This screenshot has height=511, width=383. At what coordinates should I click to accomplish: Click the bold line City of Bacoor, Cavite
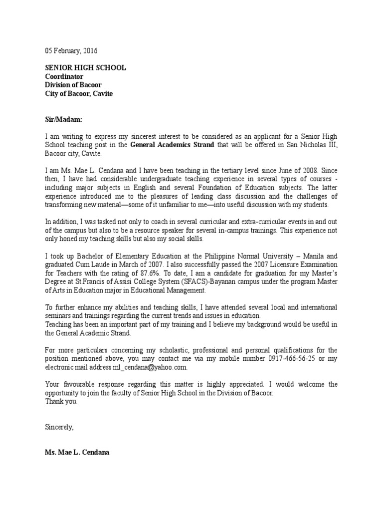[x=79, y=93]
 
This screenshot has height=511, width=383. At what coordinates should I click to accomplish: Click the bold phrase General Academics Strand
[x=172, y=145]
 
